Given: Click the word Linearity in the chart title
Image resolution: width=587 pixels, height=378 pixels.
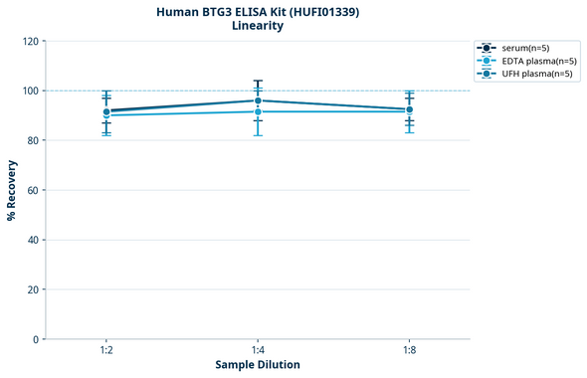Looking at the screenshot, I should [258, 26].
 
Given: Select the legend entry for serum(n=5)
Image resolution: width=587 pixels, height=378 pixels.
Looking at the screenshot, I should [525, 48].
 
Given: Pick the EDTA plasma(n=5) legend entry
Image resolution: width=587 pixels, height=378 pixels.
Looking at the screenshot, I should [532, 61].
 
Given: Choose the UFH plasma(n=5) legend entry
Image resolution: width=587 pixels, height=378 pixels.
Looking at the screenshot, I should [531, 74].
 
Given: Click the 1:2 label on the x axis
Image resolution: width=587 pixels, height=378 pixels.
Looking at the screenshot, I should [106, 351].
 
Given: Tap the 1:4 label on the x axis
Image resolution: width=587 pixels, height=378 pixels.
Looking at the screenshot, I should [258, 351].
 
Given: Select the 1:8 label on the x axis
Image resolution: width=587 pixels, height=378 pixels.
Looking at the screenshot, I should [409, 351].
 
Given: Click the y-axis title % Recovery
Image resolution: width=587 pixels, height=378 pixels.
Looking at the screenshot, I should [12, 190].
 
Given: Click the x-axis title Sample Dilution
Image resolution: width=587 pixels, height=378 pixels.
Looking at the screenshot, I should [258, 365].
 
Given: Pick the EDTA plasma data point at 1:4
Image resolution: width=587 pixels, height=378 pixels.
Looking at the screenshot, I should [258, 111].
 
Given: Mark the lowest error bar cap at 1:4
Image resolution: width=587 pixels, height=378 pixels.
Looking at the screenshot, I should [258, 135].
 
